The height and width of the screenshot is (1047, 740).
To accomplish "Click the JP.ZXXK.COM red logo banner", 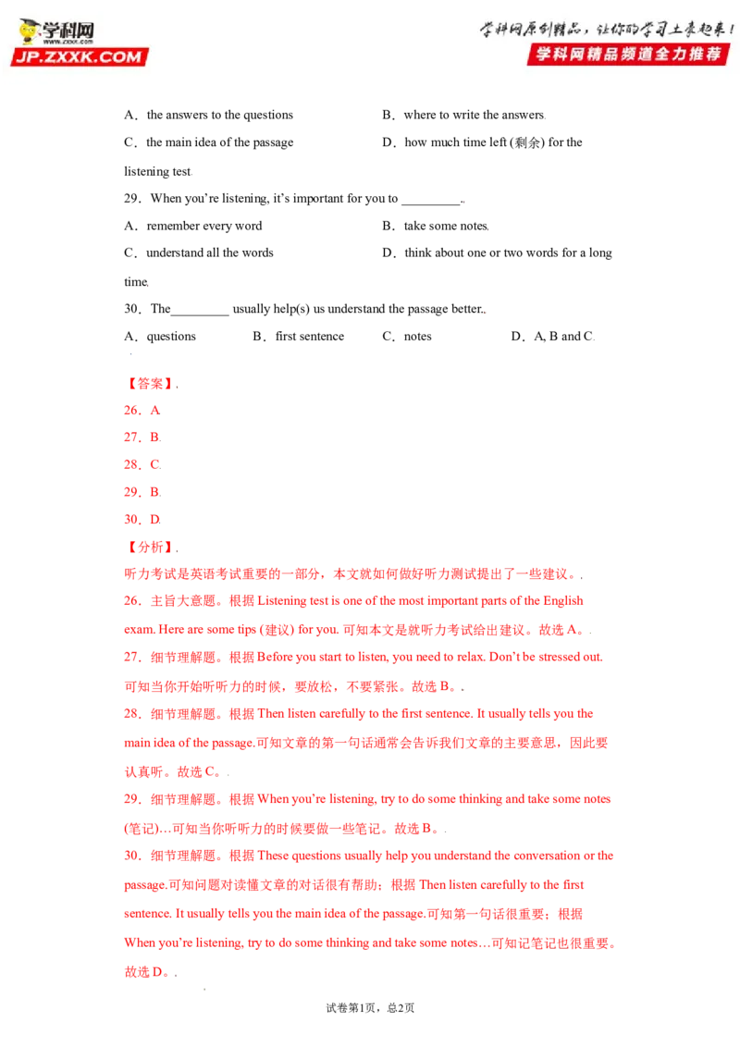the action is point(80,56).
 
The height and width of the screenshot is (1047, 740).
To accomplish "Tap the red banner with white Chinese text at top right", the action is point(628,54).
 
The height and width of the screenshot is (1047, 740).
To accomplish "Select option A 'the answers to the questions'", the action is point(208,115).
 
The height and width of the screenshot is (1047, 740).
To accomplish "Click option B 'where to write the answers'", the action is point(463,115).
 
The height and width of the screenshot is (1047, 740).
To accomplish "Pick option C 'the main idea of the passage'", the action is point(208,142).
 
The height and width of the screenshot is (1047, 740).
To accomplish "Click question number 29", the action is point(132,198).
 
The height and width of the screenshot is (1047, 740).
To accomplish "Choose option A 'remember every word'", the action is point(193,226).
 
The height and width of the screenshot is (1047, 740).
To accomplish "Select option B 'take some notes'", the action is point(436,226).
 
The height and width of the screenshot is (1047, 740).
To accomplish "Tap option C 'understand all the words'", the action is point(198,253).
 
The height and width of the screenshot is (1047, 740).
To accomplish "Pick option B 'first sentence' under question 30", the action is point(299,336).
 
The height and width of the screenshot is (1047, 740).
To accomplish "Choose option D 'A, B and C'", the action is point(552,336).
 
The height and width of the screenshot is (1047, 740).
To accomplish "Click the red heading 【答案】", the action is point(150,383).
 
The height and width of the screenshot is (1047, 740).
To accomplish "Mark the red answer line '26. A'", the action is point(142,410).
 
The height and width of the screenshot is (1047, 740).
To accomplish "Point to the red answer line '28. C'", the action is point(142,464).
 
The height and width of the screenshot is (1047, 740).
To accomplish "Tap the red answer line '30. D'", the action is point(142,519).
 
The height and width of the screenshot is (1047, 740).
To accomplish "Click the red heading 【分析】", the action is point(150,547).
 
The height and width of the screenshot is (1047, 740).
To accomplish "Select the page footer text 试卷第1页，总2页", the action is point(370,1007).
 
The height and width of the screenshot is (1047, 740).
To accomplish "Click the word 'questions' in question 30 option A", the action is point(171,337).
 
